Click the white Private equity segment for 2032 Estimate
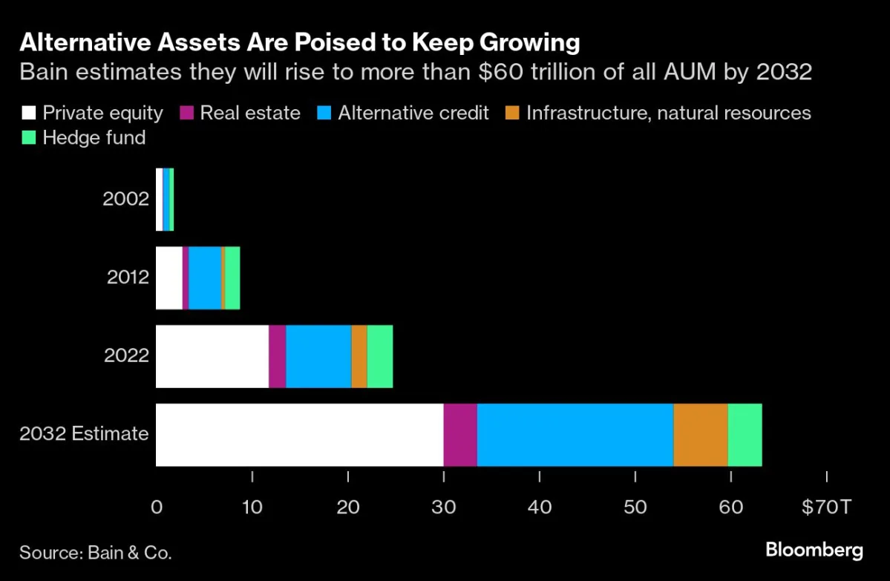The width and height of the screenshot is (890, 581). pyautogui.click(x=299, y=435)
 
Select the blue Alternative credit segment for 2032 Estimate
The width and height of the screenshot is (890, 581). pyautogui.click(x=575, y=435)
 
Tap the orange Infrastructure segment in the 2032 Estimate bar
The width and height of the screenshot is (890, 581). pyautogui.click(x=700, y=435)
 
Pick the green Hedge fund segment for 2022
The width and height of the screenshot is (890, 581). pyautogui.click(x=379, y=356)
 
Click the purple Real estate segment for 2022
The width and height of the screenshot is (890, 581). pyautogui.click(x=277, y=356)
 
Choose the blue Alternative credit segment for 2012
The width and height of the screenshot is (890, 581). pyautogui.click(x=204, y=278)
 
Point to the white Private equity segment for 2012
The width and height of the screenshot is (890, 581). pyautogui.click(x=168, y=278)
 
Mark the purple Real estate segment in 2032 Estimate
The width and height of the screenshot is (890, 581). pyautogui.click(x=460, y=435)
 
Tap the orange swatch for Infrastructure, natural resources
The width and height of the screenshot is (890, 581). pyautogui.click(x=511, y=113)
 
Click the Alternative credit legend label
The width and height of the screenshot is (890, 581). pyautogui.click(x=413, y=113)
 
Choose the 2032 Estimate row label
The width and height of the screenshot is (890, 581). pyautogui.click(x=84, y=434)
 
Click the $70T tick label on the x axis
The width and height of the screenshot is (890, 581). pyautogui.click(x=826, y=508)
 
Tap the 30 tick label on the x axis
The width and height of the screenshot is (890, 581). pyautogui.click(x=443, y=508)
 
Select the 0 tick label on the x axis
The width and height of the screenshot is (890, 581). pyautogui.click(x=157, y=508)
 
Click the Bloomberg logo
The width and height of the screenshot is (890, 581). pyautogui.click(x=814, y=550)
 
